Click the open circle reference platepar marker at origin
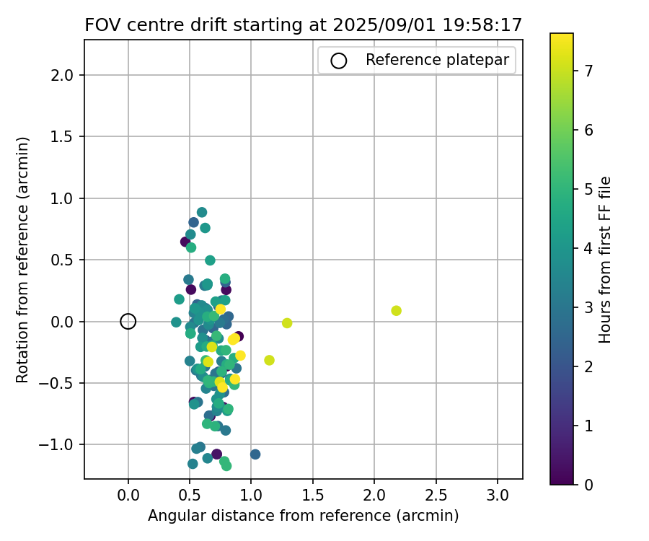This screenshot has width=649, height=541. click(x=128, y=321)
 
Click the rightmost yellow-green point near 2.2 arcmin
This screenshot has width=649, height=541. click(x=396, y=311)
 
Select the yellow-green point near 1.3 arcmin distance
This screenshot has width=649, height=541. click(x=287, y=323)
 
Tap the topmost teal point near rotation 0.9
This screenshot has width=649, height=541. click(x=202, y=212)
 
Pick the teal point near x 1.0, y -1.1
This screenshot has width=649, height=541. click(x=255, y=454)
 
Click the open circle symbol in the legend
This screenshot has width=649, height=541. click(x=339, y=61)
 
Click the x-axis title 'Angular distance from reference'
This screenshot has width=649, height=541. click(x=303, y=516)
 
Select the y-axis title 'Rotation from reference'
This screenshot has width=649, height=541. click(x=24, y=260)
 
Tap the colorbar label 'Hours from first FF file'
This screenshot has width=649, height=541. click(x=605, y=260)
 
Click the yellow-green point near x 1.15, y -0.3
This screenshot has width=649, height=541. click(x=269, y=360)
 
